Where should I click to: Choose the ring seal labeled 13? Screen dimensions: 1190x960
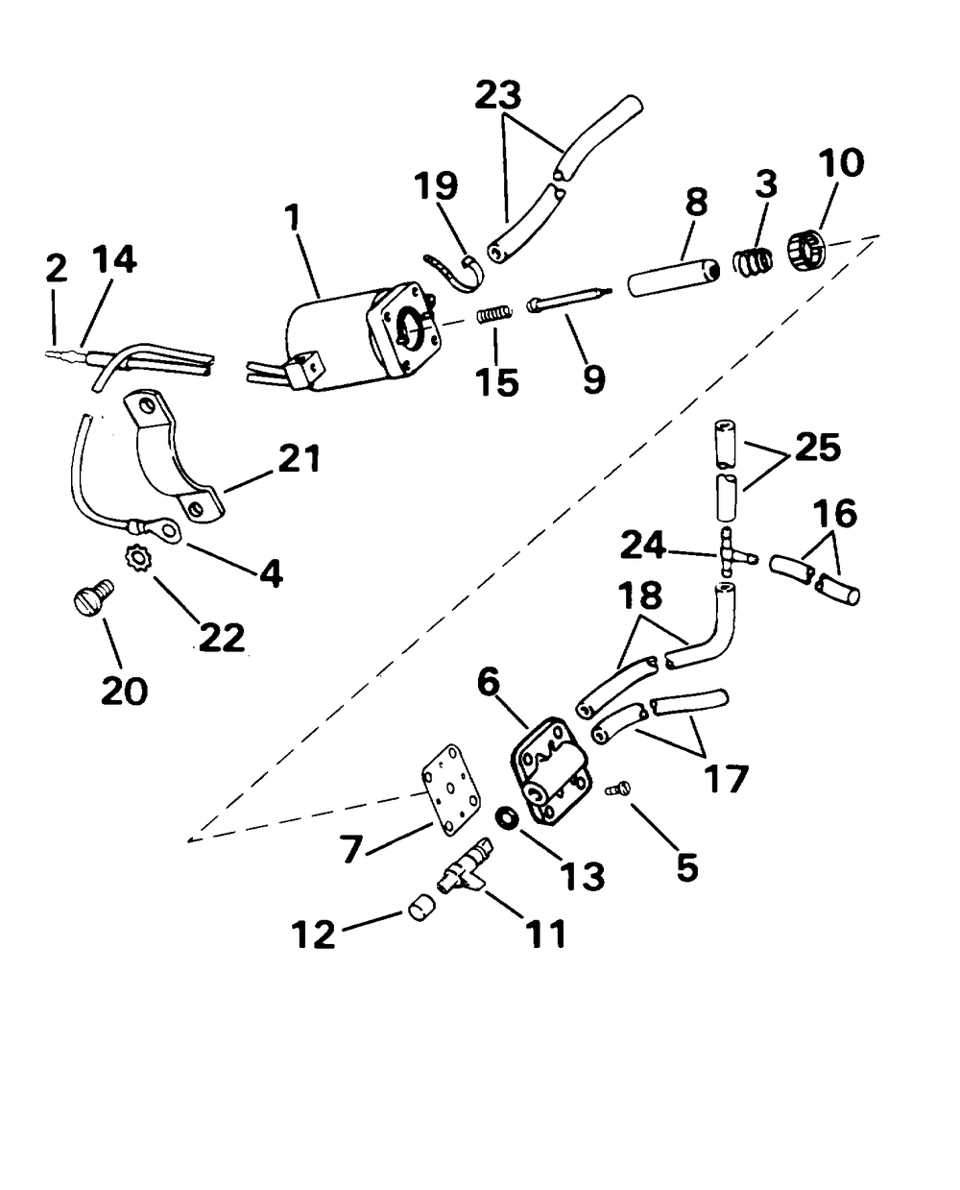click(x=508, y=816)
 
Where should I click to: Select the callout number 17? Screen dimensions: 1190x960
click(x=725, y=780)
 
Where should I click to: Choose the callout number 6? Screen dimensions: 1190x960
click(x=488, y=683)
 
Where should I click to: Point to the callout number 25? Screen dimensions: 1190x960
click(x=817, y=448)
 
